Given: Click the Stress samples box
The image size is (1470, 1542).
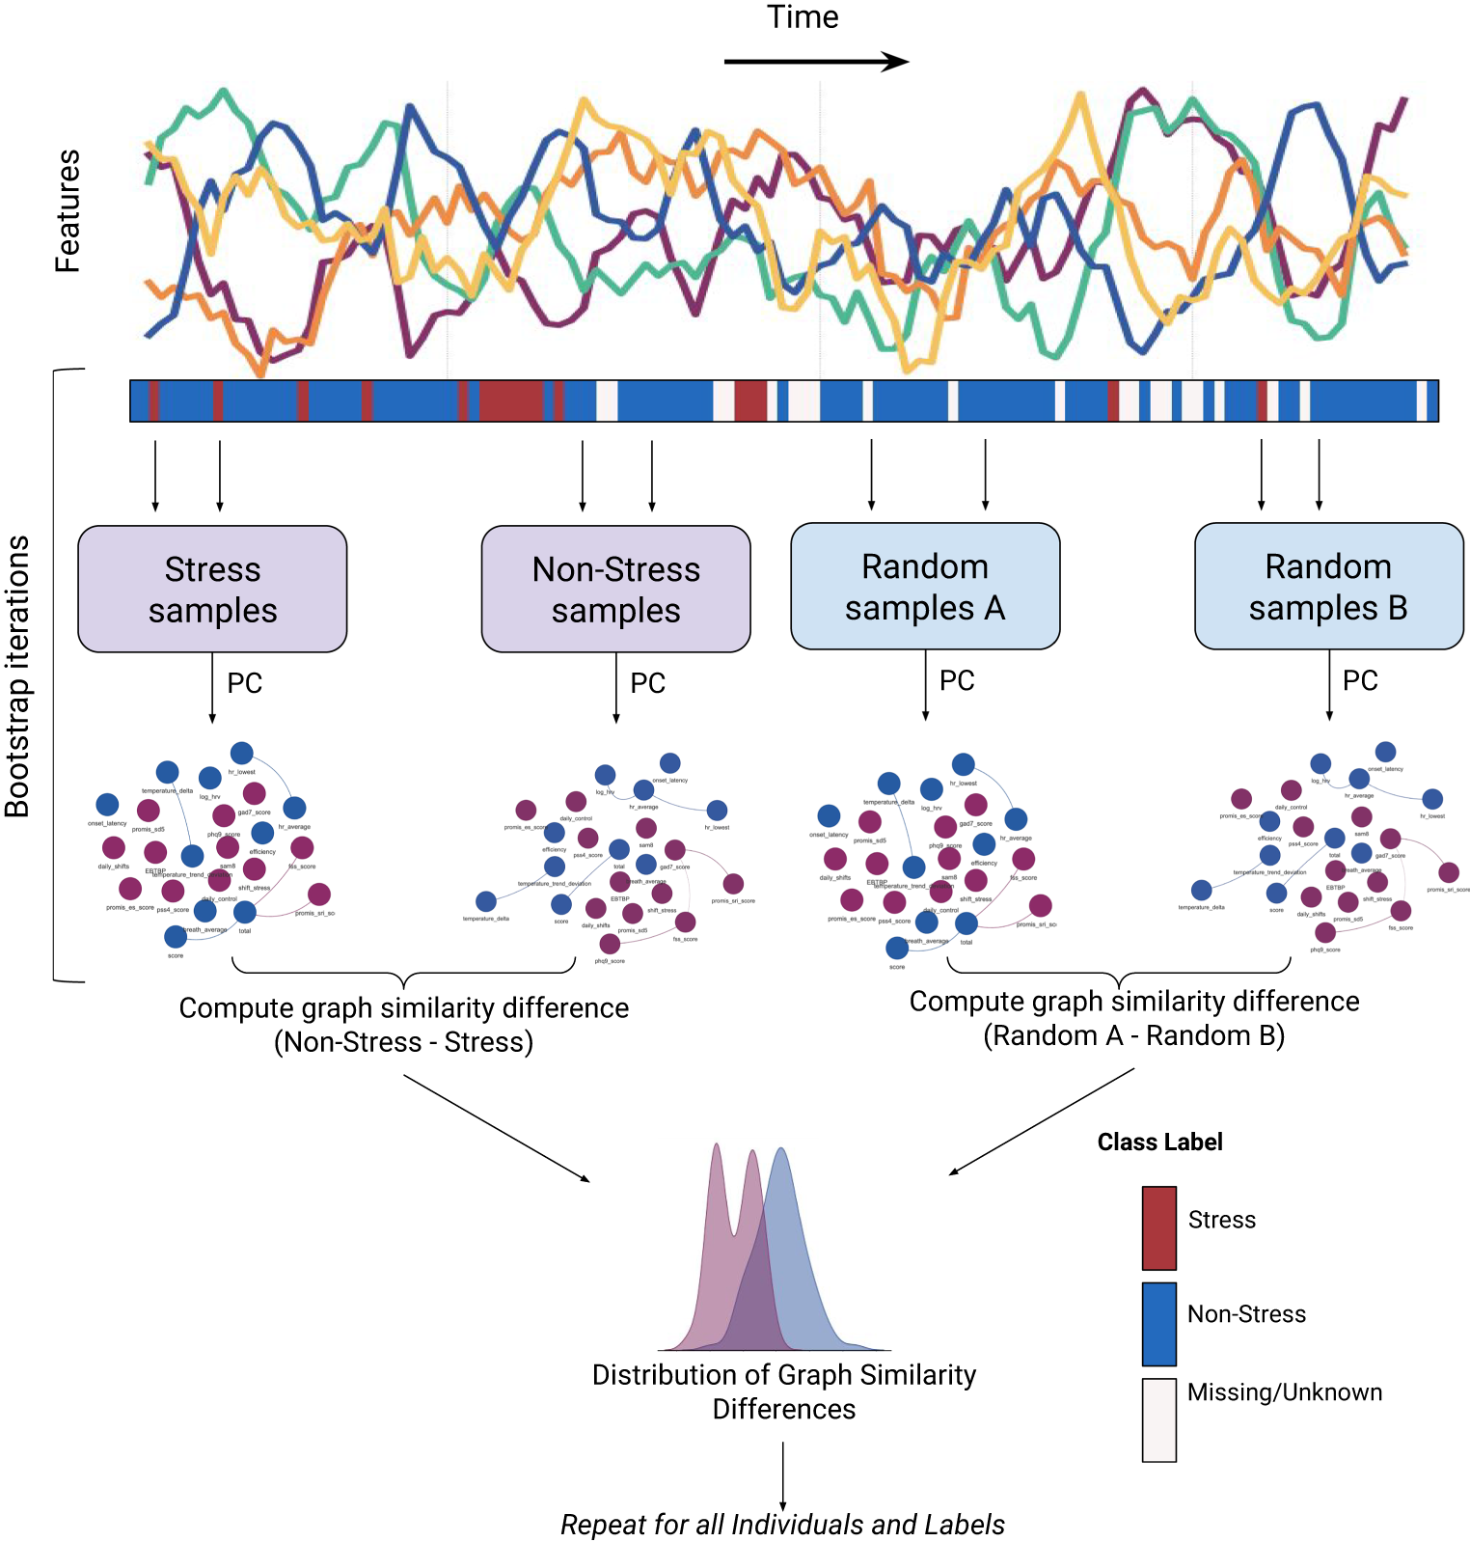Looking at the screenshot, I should pos(212,589).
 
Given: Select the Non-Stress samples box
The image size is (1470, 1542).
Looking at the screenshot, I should pos(615,589).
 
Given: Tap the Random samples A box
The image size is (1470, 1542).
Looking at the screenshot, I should pos(925,586).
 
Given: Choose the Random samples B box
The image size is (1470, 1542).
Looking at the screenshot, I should pos(1328,586).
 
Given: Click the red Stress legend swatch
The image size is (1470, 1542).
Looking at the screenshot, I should pos(1158,1227).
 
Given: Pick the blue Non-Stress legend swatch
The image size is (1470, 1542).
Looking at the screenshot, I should pos(1158,1323).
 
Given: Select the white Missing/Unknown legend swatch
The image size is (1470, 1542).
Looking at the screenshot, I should pos(1158,1418).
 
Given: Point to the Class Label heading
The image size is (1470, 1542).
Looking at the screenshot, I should pos(1159,1142).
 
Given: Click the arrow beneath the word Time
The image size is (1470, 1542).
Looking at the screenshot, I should pos(815,62).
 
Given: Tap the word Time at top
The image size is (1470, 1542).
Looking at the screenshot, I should pos(803,17).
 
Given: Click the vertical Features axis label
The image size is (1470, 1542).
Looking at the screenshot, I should pos(68,210).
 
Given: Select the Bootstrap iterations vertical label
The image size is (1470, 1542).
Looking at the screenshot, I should pos(17,675).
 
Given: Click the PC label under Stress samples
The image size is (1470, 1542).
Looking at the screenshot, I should pos(244,683).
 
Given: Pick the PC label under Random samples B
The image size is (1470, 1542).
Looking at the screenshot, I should pos(1360,680).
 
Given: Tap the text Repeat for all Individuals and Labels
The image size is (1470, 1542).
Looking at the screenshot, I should pos(782,1525).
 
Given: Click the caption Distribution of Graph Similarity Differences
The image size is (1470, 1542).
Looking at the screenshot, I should pos(783,1391).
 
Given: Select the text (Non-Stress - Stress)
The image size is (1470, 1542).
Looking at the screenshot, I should pos(403,1042).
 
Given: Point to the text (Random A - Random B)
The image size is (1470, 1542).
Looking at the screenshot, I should pos(1133,1035).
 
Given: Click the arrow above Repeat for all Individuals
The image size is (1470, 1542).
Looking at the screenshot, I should pos(782,1476).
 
